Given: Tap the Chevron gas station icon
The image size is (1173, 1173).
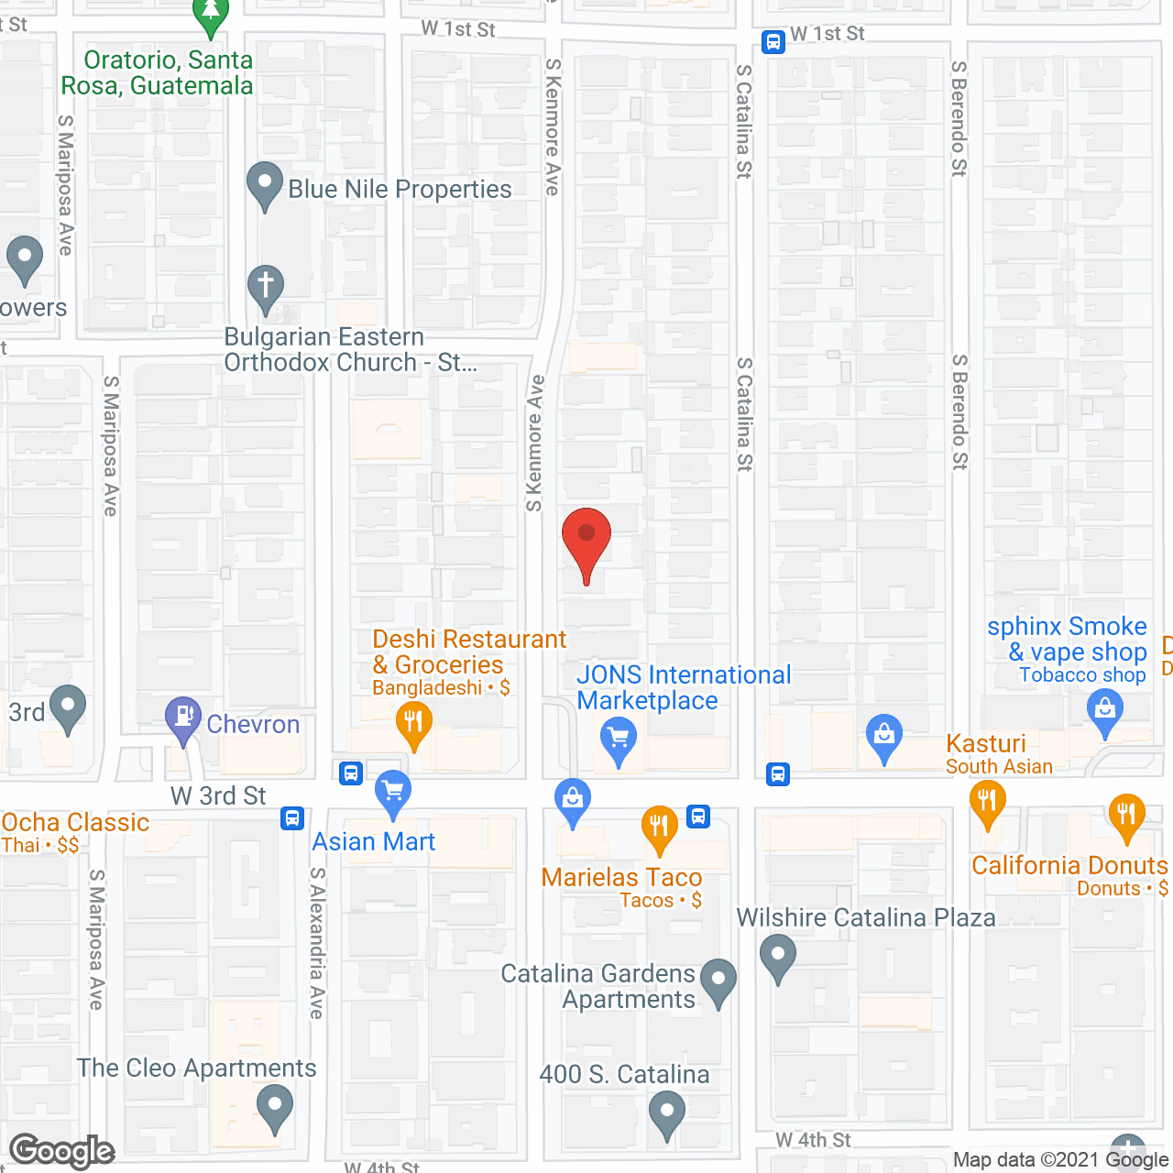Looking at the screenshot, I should [183, 717].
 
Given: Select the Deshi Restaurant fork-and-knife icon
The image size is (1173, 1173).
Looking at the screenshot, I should [414, 722].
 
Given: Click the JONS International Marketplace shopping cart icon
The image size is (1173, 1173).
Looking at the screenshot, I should [619, 738].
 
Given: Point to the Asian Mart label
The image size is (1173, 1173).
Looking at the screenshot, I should [374, 841].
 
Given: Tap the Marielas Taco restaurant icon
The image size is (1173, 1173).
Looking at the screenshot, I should [659, 827].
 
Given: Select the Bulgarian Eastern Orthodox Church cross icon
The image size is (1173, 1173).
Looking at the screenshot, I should [266, 286].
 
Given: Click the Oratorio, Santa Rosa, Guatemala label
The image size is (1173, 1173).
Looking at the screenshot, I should [158, 72].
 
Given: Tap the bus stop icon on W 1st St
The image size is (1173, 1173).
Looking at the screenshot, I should [773, 42].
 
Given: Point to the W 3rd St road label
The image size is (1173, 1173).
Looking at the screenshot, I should [218, 795].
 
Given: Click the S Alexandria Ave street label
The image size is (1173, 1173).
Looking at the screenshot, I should [317, 944].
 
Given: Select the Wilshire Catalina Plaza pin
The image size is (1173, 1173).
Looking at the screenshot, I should [778, 955].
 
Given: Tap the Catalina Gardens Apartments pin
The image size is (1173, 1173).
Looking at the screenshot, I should [718, 980].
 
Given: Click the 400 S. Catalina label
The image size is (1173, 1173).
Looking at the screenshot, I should [624, 1074].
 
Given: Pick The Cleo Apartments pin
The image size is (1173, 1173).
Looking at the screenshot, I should [274, 1106].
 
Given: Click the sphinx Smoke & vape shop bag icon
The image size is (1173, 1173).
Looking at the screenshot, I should [1104, 709].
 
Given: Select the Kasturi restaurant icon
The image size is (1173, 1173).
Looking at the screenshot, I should [987, 801].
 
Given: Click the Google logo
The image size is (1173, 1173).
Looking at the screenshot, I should [62, 1151].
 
